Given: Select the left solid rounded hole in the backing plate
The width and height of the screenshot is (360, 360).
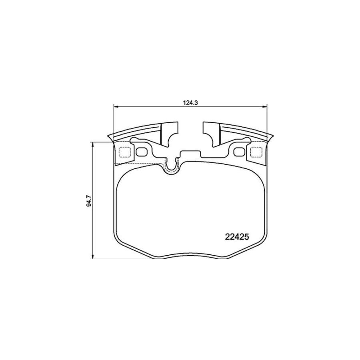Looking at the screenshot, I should pyautogui.click(x=142, y=152).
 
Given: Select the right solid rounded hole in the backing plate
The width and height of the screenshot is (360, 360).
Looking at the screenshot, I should pyautogui.click(x=239, y=152).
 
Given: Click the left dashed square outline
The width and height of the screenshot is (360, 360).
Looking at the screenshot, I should pyautogui.click(x=125, y=152).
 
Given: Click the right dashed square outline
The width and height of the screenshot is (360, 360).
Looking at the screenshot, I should pyautogui.click(x=256, y=152).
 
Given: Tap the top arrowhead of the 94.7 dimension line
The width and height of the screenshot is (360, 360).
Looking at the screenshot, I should pyautogui.click(x=93, y=144).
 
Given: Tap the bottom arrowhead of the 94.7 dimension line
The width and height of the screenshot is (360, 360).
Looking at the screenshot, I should pyautogui.click(x=93, y=257).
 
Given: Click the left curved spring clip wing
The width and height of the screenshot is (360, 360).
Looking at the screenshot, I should pyautogui.click(x=136, y=130).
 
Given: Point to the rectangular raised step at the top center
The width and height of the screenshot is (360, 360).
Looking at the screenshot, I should pyautogui.click(x=190, y=154).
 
